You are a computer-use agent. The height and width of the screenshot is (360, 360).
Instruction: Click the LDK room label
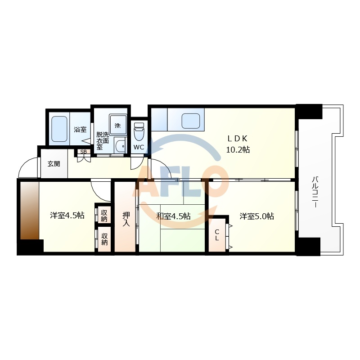(238, 139)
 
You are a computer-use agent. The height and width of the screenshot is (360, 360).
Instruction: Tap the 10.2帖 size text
(238, 150)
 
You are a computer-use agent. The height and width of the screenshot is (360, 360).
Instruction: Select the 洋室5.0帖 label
(256, 216)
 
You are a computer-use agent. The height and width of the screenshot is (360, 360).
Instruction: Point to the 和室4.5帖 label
(173, 216)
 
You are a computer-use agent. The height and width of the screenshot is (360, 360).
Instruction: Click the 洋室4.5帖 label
(67, 216)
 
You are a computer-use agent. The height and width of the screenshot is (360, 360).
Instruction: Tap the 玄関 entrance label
(54, 164)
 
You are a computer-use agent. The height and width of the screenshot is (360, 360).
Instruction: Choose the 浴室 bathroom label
(80, 130)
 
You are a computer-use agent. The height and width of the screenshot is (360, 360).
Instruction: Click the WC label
(139, 148)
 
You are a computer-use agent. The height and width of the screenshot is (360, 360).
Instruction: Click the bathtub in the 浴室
(59, 129)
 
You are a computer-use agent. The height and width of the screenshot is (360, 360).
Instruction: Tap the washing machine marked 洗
(118, 125)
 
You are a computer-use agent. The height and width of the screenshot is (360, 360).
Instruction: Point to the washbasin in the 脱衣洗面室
(120, 145)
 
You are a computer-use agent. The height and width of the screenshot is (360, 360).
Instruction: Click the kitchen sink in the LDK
(191, 121)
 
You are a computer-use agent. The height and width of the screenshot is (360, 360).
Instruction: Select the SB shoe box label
(83, 152)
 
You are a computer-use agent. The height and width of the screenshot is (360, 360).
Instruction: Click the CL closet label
(217, 235)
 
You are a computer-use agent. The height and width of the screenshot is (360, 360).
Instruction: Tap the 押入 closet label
(126, 219)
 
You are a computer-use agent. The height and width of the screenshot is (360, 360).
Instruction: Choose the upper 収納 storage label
(104, 216)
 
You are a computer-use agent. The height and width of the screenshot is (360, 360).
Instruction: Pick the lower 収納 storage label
(104, 239)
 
